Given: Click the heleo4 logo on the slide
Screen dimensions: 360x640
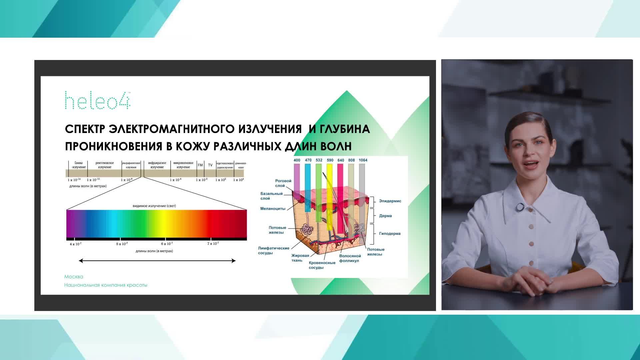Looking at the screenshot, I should pyautogui.click(x=97, y=100).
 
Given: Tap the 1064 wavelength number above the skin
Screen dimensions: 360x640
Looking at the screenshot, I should pyautogui.click(x=363, y=160).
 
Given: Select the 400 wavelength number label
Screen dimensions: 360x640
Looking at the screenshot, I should pyautogui.click(x=297, y=160).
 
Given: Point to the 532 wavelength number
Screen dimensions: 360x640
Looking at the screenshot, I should pyautogui.click(x=319, y=160).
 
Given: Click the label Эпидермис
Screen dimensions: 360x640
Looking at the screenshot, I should pyautogui.click(x=390, y=201).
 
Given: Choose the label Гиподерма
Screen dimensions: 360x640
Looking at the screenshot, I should pyautogui.click(x=390, y=234).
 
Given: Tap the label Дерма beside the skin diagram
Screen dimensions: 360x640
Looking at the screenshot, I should pyautogui.click(x=385, y=216).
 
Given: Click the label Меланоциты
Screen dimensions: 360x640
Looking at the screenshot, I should pyautogui.click(x=273, y=209).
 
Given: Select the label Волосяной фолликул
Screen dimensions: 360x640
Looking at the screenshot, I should pyautogui.click(x=350, y=258).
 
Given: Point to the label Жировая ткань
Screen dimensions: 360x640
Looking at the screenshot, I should pyautogui.click(x=300, y=258).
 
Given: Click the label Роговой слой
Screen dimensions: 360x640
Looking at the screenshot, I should pyautogui.click(x=283, y=183).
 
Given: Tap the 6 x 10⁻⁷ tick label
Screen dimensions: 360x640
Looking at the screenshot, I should pyautogui.click(x=167, y=244).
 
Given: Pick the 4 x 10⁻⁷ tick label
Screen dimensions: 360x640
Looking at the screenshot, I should pyautogui.click(x=76, y=244).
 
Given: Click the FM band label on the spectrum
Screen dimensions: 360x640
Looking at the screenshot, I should pyautogui.click(x=200, y=165).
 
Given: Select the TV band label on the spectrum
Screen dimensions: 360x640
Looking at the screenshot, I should pyautogui.click(x=210, y=165).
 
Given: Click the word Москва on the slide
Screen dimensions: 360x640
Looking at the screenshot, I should pyautogui.click(x=74, y=277).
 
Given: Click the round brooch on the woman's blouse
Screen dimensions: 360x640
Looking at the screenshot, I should pyautogui.click(x=519, y=207).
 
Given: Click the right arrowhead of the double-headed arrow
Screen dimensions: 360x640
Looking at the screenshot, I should pyautogui.click(x=234, y=261).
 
